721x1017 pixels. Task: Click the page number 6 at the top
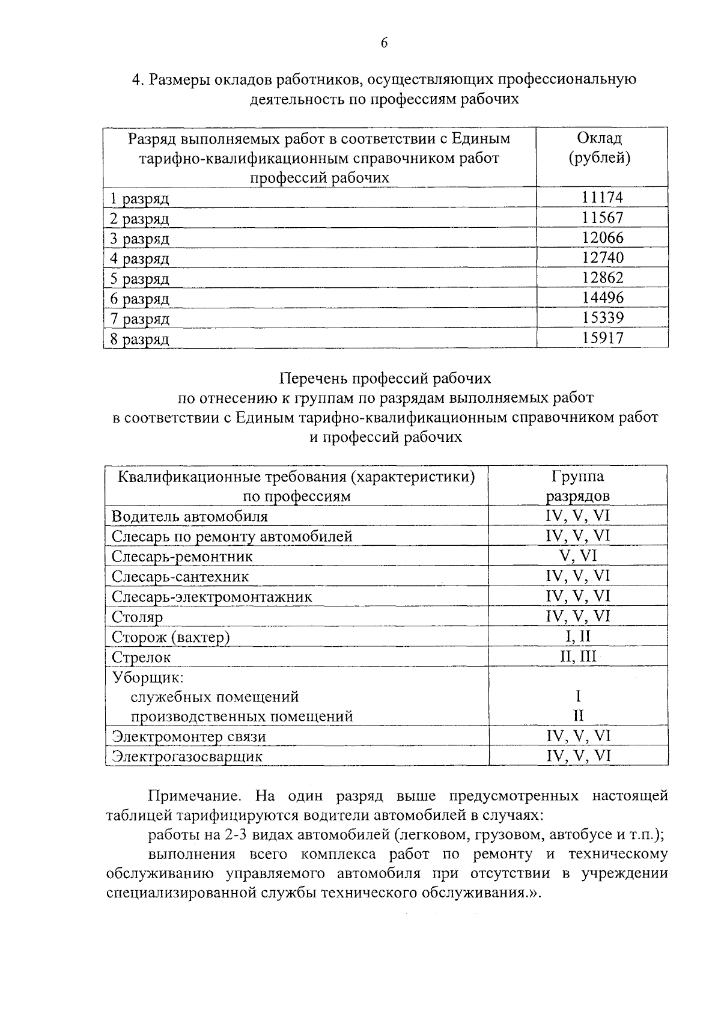384,42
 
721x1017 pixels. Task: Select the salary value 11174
602,197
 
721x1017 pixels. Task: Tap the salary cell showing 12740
602,257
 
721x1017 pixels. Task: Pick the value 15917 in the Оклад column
602,338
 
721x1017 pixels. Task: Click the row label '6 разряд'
139,299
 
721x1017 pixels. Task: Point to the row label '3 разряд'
139,239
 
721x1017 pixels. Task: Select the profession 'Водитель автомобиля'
189,516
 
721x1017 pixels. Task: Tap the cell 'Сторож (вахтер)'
171,637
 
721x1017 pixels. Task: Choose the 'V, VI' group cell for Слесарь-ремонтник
578,556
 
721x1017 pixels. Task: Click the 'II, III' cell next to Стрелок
578,656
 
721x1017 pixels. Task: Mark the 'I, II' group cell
578,636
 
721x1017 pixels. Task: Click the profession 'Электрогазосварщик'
187,756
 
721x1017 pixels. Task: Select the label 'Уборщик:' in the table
147,677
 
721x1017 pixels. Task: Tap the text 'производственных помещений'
242,716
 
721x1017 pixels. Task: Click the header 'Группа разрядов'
578,486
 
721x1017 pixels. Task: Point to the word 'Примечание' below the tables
195,796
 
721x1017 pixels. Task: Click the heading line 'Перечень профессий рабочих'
385,378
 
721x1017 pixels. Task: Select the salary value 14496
602,298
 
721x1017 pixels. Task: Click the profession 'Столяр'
137,617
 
